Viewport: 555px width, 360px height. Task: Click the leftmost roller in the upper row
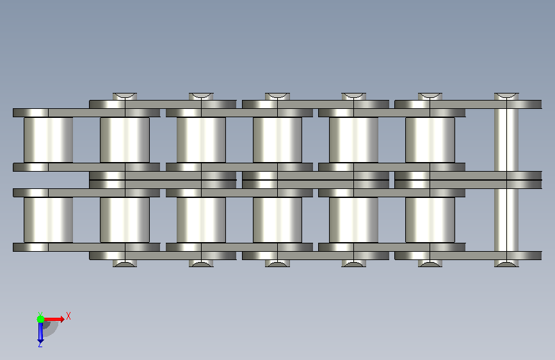point(49,140)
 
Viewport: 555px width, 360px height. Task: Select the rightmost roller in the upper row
point(430,140)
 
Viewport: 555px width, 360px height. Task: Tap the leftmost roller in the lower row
point(49,220)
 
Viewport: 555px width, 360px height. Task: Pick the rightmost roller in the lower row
point(430,220)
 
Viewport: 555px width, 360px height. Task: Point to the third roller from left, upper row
point(201,140)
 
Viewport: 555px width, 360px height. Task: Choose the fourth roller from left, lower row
point(278,220)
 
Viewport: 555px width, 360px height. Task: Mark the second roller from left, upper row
point(125,140)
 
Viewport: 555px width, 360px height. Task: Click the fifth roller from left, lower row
point(353,220)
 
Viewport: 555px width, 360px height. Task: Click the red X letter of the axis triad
point(68,316)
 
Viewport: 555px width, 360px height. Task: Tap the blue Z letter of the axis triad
point(40,344)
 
